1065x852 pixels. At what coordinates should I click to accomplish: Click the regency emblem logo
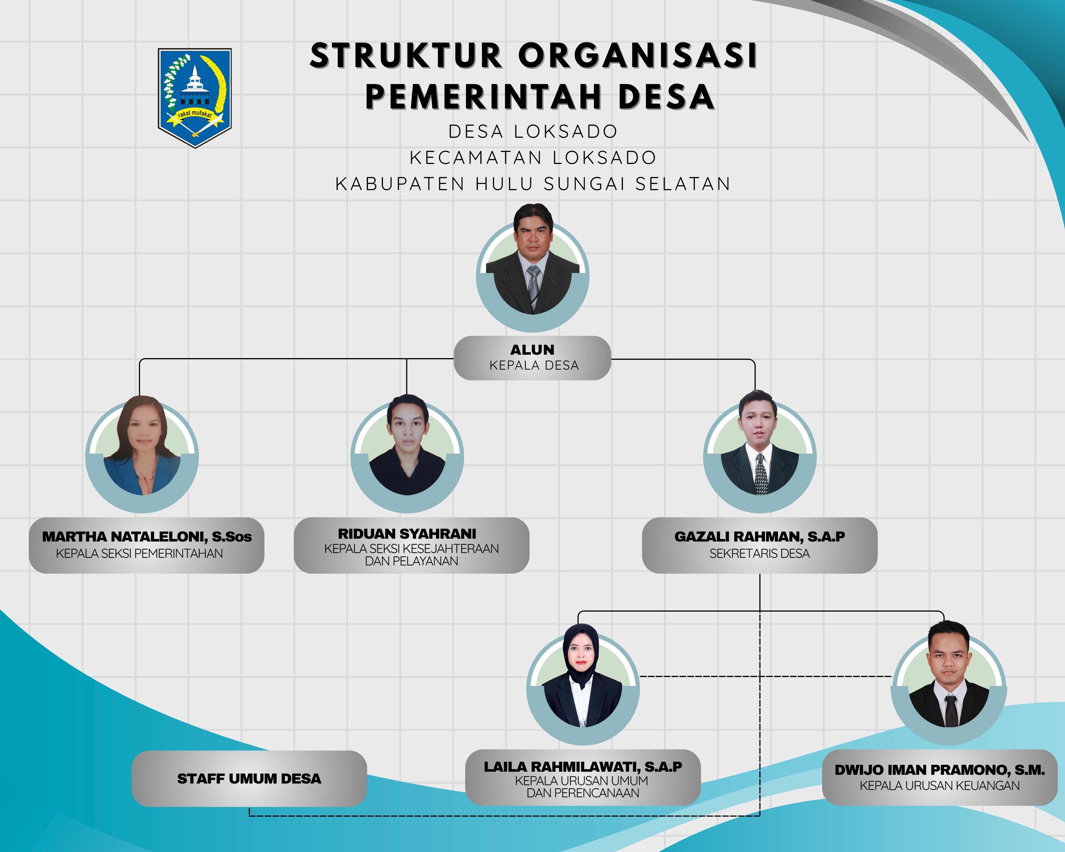point(195,97)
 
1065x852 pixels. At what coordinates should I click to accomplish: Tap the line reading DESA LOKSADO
point(533,131)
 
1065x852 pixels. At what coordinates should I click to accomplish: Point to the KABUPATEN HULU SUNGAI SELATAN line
point(533,184)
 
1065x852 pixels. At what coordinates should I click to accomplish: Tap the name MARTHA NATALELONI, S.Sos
point(147,536)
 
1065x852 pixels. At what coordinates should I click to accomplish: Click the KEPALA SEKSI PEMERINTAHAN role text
point(139,554)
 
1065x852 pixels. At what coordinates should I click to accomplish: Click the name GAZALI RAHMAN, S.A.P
point(759,536)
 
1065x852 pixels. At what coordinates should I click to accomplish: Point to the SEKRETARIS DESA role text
point(759,554)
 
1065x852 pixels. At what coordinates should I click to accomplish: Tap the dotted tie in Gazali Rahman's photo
point(761,474)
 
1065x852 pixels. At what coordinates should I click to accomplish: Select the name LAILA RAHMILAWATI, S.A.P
point(583,767)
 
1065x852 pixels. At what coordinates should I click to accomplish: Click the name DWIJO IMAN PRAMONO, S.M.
point(940,770)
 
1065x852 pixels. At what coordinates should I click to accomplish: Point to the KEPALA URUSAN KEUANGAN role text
point(940,786)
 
